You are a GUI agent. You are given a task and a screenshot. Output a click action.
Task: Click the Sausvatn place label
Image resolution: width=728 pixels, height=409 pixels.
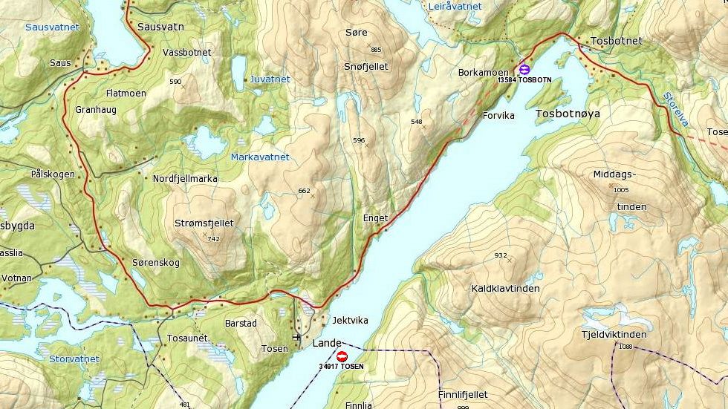(160, 26)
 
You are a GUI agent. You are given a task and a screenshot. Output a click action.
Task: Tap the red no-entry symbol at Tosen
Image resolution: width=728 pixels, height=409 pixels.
(342, 356)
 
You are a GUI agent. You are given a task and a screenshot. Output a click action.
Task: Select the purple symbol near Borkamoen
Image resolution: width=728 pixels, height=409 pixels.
(524, 69)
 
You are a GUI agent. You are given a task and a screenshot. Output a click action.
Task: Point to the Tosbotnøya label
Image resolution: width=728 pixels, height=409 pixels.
(567, 114)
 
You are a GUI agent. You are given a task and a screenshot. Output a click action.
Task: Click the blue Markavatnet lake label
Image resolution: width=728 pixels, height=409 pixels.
(259, 157)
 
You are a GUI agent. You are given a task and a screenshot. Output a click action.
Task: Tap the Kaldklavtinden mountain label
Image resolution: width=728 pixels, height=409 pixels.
(505, 288)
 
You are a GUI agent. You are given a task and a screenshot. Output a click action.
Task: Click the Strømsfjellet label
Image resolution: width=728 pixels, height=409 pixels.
(204, 223)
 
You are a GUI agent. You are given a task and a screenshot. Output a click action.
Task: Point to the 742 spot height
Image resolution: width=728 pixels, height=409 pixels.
(214, 239)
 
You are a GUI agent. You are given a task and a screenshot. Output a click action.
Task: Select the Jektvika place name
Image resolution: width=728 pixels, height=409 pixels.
(350, 319)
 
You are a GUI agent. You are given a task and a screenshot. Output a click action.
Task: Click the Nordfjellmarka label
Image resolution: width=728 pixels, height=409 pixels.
(185, 179)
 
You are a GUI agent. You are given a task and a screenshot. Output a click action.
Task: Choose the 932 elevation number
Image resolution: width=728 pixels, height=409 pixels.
(501, 255)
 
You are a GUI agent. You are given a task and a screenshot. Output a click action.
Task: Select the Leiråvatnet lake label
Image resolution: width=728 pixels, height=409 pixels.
(455, 6)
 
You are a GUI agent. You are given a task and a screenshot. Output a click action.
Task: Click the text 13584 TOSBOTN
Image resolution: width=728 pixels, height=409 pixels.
(524, 79)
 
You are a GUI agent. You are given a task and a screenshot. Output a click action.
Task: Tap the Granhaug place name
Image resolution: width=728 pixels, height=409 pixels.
(96, 109)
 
